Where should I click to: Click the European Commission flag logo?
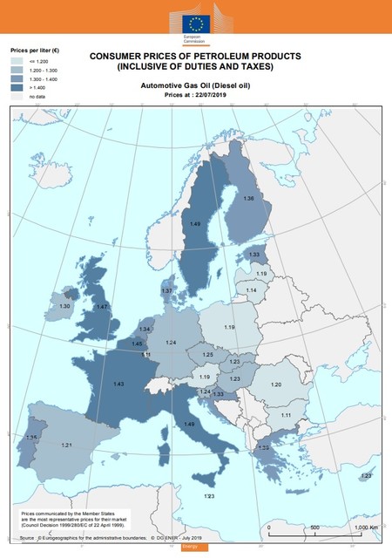tap(196, 23)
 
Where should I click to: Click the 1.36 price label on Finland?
tap(248, 199)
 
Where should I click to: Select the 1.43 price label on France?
tap(118, 384)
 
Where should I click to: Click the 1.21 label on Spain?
tap(66, 445)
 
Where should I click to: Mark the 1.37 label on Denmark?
tap(166, 290)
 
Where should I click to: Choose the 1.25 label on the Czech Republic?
tap(207, 355)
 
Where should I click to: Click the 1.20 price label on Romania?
tap(276, 384)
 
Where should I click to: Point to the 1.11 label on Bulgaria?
tap(286, 415)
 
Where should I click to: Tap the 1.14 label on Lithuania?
tap(251, 289)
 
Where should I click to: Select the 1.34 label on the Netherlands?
tap(145, 329)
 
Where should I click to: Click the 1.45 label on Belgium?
tap(137, 344)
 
